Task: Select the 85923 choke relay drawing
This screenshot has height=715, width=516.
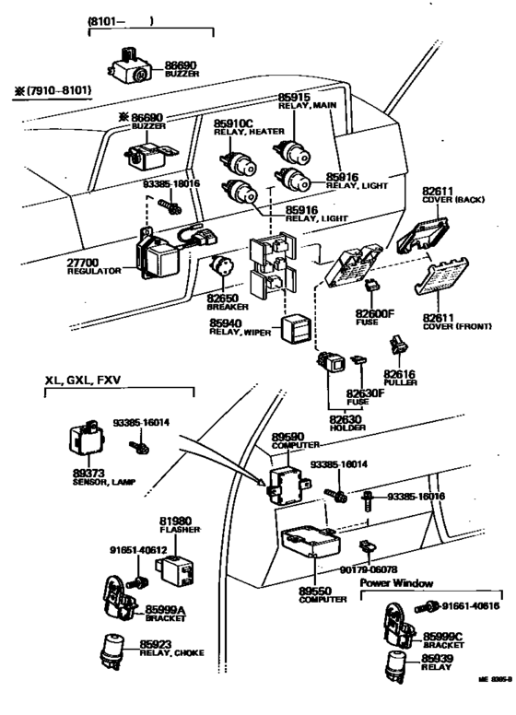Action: tap(115, 651)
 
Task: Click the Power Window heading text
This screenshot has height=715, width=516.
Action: tap(397, 581)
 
